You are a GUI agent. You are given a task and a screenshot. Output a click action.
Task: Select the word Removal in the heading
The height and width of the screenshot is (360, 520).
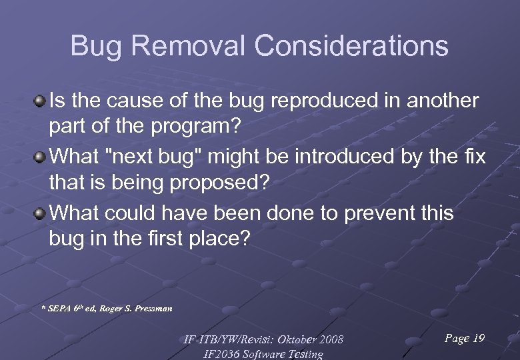click(x=181, y=47)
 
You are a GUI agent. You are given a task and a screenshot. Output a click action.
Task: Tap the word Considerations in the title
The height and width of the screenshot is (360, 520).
click(x=351, y=47)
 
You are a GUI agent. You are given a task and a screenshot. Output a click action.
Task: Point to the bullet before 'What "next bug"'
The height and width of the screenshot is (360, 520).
click(x=41, y=157)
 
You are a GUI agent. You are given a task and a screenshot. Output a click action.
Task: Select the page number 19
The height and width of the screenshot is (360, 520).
click(x=478, y=339)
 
